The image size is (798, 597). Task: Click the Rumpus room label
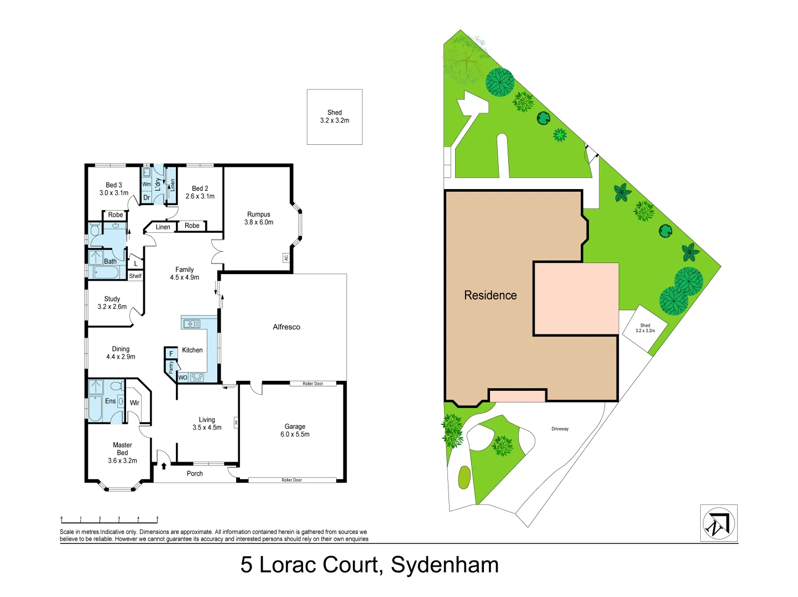pyautogui.click(x=259, y=218)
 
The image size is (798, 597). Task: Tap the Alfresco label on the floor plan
pyautogui.click(x=286, y=327)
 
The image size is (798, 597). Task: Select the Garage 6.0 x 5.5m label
pyautogui.click(x=295, y=431)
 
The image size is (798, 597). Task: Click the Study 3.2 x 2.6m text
pyautogui.click(x=112, y=303)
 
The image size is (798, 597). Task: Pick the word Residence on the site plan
pyautogui.click(x=490, y=296)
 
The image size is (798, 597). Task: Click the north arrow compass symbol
pyautogui.click(x=718, y=523)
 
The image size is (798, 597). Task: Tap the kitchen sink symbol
pyautogui.click(x=192, y=324)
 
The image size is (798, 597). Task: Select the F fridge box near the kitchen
pyautogui.click(x=171, y=354)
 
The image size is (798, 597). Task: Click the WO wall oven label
pyautogui.click(x=182, y=378)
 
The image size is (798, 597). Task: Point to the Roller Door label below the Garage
pyautogui.click(x=291, y=480)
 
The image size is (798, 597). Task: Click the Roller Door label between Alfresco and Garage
pyautogui.click(x=312, y=384)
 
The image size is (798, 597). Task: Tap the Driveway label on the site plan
pyautogui.click(x=560, y=429)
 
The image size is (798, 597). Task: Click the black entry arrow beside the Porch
pyautogui.click(x=164, y=466)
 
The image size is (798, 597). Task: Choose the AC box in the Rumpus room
pyautogui.click(x=286, y=258)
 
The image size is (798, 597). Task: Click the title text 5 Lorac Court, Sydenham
pyautogui.click(x=369, y=565)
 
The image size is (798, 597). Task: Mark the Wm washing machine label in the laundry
pyautogui.click(x=147, y=185)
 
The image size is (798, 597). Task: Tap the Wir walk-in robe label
pyautogui.click(x=134, y=403)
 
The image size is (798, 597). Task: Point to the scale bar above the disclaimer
pyautogui.click(x=109, y=520)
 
